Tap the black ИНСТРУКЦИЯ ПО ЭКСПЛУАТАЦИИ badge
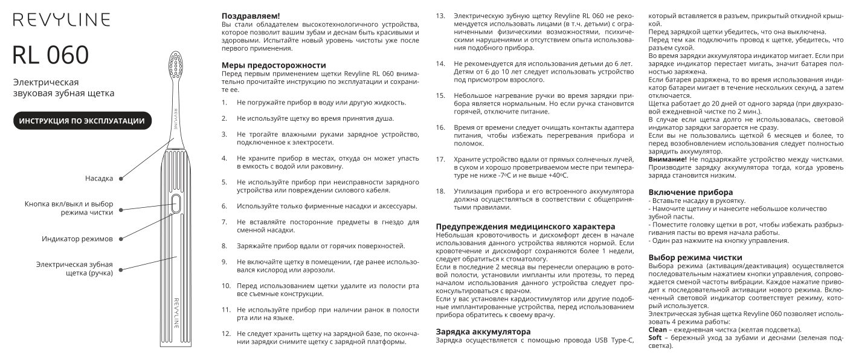pyautogui.click(x=82, y=121)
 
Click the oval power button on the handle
pyautogui.click(x=176, y=204)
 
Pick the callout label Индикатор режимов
pyautogui.click(x=77, y=239)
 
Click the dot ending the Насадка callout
pyautogui.click(x=121, y=178)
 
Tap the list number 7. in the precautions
pyautogui.click(x=224, y=222)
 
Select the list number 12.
pyautogui.click(x=226, y=333)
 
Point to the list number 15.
pyautogui.click(x=440, y=95)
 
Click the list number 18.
pyautogui.click(x=440, y=190)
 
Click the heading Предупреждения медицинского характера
pyautogui.click(x=526, y=226)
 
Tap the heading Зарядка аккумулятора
pyautogui.click(x=483, y=332)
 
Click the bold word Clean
pyautogui.click(x=657, y=329)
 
